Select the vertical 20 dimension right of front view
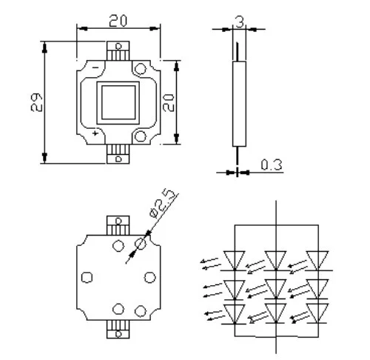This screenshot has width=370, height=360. [x=169, y=101]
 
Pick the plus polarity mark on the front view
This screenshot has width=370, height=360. [x=96, y=133]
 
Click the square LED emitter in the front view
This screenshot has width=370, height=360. [x=118, y=101]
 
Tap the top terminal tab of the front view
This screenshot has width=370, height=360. [x=118, y=50]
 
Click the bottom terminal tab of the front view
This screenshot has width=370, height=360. [x=118, y=152]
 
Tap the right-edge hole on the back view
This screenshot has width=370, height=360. [x=150, y=276]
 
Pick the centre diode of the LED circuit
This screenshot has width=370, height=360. [x=276, y=285]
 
